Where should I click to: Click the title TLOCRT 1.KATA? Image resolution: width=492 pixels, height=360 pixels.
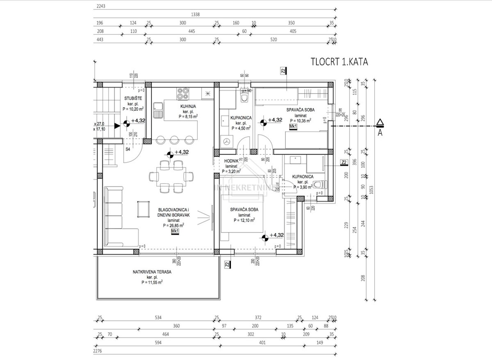[x=339, y=62]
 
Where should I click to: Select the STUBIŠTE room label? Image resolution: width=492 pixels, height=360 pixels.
[x=133, y=98]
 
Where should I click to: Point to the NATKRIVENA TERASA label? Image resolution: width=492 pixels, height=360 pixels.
[x=152, y=272]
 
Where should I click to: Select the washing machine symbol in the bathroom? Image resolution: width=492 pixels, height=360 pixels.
[x=227, y=142]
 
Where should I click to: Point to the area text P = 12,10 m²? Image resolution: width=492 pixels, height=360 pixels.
[x=244, y=220]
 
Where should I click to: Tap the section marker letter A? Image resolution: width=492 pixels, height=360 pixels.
[x=380, y=132]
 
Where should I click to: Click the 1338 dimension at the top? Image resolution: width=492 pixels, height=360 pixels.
[x=195, y=14]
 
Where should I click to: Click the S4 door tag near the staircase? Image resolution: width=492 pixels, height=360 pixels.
[x=128, y=149]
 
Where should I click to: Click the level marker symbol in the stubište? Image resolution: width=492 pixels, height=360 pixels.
[x=127, y=121]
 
